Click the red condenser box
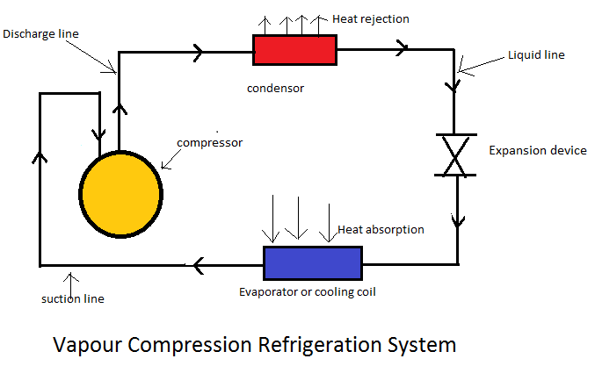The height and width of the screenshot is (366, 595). click(294, 49)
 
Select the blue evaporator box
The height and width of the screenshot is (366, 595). click(312, 262)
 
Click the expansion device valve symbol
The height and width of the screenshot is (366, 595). click(455, 155)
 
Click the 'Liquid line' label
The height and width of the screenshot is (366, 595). click(536, 54)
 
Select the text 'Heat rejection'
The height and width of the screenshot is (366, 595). click(371, 19)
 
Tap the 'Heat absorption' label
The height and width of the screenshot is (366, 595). click(381, 230)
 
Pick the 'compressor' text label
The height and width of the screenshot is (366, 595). click(209, 142)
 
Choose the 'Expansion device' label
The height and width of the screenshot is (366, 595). click(537, 151)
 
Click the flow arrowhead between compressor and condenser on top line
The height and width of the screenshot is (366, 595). click(197, 52)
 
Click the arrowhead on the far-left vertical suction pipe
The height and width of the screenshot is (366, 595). click(40, 159)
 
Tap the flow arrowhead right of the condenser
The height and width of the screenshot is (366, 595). click(402, 49)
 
